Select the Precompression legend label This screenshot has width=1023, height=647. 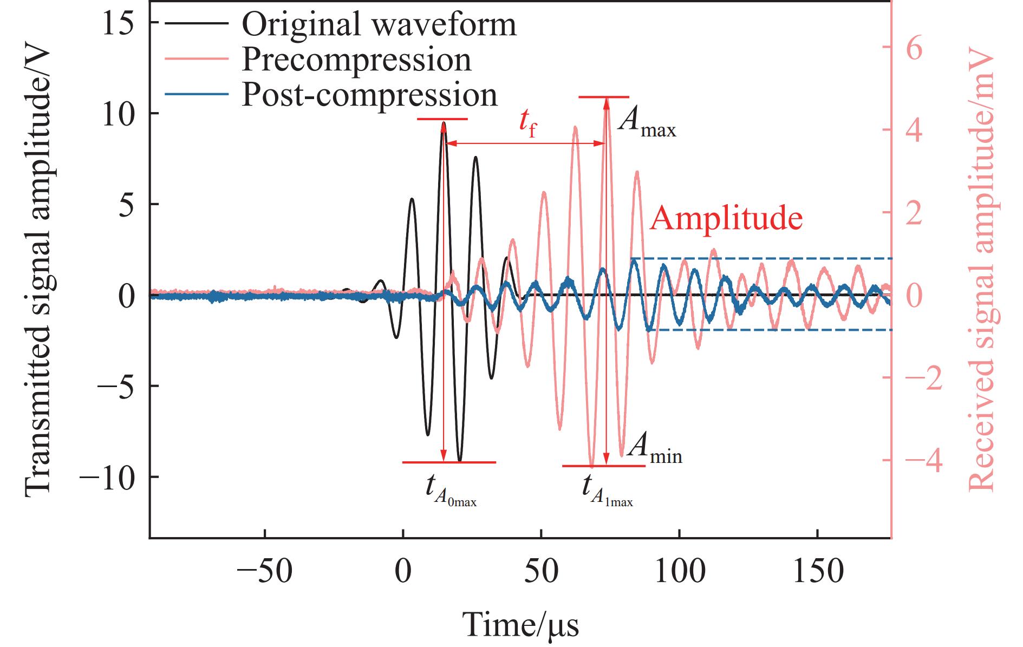point(356,60)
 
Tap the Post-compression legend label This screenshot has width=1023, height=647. point(369,95)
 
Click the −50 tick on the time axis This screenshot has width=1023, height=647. point(265,571)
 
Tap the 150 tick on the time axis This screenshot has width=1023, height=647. point(818,571)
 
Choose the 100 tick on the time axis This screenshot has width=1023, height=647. point(680,571)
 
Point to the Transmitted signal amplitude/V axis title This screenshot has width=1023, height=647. point(38,271)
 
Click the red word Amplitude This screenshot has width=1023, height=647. point(726,218)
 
